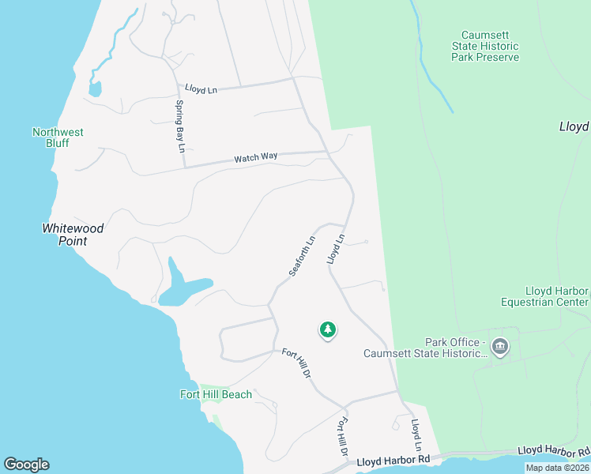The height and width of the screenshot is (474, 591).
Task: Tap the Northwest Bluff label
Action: (58, 137)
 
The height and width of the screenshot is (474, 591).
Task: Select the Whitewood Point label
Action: (73, 234)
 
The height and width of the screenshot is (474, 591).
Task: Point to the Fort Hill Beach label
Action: (216, 394)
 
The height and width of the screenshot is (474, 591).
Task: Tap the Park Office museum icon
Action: (499, 347)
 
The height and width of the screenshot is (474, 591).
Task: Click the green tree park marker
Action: (328, 330)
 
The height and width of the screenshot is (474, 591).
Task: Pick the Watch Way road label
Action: (255, 158)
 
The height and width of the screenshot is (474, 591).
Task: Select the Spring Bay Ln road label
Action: (179, 126)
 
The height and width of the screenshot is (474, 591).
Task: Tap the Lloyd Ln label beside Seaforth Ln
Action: (337, 248)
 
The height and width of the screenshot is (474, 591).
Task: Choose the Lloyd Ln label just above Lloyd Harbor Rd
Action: (416, 435)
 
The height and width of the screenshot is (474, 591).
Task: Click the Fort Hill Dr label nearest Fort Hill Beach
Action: (296, 363)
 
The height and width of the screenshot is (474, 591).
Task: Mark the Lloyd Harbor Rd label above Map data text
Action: (553, 451)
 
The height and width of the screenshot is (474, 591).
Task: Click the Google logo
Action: (26, 465)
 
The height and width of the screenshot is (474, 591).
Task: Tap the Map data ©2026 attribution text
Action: (556, 468)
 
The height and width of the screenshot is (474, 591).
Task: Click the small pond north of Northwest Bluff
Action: (95, 88)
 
